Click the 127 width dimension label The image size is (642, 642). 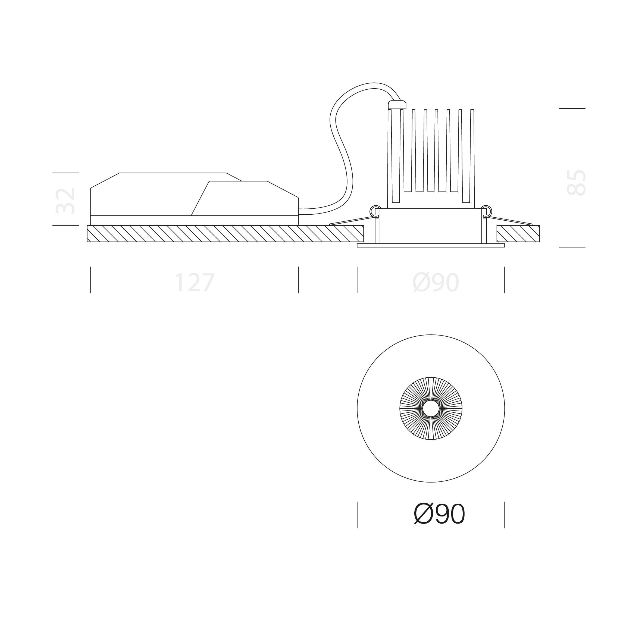click(195, 283)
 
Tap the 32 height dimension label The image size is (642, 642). click(65, 201)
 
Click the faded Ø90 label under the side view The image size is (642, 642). click(436, 283)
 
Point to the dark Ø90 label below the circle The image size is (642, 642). click(439, 514)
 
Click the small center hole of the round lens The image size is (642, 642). click(431, 408)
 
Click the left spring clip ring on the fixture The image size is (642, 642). click(375, 210)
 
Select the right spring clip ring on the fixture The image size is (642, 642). click(486, 210)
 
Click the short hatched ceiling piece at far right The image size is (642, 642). click(518, 234)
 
